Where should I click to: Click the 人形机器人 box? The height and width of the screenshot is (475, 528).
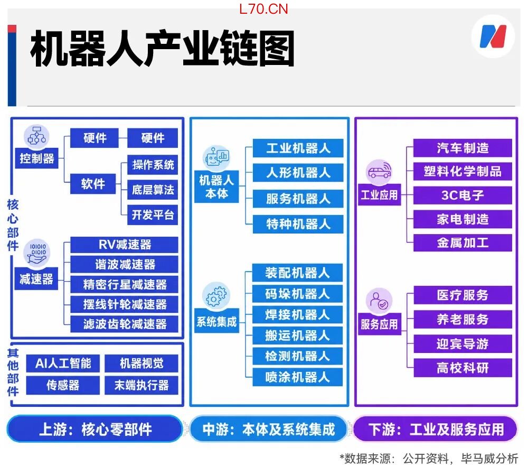[298, 173]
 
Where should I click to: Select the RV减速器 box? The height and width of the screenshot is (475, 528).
[124, 245]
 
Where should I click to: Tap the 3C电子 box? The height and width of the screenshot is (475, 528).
[463, 195]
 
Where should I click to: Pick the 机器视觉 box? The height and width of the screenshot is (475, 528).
[142, 363]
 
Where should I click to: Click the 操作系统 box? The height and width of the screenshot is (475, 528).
[153, 165]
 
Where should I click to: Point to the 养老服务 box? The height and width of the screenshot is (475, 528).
[463, 319]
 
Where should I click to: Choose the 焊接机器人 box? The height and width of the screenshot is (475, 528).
[297, 315]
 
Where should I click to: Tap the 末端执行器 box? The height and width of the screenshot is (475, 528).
[142, 385]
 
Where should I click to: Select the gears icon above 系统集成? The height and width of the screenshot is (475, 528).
[216, 295]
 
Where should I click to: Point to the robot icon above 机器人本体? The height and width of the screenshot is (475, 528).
[216, 158]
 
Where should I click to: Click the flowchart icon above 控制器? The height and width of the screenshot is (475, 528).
[37, 136]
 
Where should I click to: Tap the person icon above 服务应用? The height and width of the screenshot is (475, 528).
[379, 301]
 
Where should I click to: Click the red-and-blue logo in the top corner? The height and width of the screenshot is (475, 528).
[493, 36]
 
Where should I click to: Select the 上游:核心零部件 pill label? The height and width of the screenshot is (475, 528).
[95, 429]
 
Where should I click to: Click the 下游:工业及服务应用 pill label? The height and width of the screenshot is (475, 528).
[436, 429]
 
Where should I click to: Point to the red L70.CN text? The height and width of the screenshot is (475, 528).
[263, 9]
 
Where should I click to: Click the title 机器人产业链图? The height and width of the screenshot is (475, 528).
[162, 48]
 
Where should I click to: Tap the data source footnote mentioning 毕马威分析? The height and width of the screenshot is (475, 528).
[429, 459]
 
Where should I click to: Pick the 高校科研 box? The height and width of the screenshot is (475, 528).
[463, 368]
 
